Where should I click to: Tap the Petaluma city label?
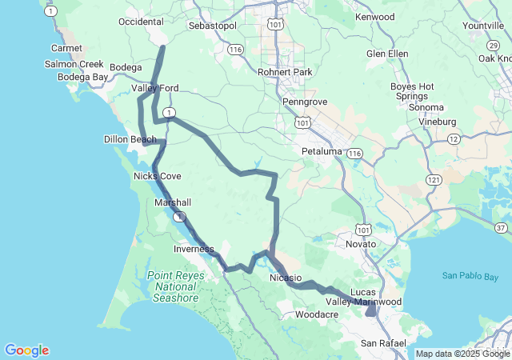(x=322, y=150)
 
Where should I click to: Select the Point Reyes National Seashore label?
(x=175, y=286)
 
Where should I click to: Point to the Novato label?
(x=360, y=243)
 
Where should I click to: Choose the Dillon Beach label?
(x=130, y=139)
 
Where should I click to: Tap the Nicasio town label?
(x=285, y=278)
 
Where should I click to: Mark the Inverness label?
(x=194, y=249)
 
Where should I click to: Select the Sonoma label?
(x=426, y=107)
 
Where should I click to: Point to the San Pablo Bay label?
(x=470, y=276)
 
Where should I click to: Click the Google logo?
(x=26, y=350)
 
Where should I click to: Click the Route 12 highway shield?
(x=454, y=139)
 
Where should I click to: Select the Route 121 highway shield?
(x=434, y=180)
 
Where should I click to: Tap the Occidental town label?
(x=141, y=22)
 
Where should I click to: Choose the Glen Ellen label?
(x=387, y=54)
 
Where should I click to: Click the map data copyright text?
(x=462, y=354)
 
